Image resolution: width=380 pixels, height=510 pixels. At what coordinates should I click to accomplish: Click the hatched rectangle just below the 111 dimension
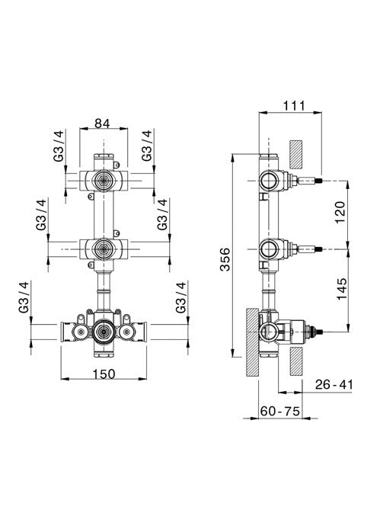click(296, 153)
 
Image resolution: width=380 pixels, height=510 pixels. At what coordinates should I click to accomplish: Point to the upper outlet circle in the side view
click(267, 181)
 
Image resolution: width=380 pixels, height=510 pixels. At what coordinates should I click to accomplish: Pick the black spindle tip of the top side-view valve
click(321, 181)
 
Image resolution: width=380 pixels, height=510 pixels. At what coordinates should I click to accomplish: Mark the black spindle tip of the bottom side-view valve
click(321, 332)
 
